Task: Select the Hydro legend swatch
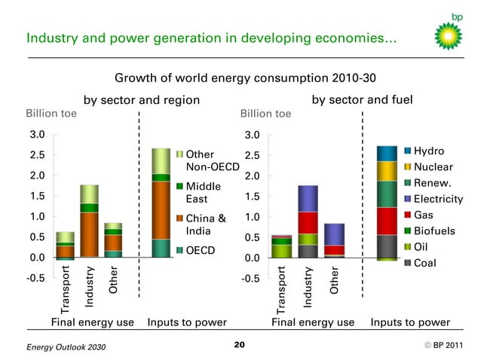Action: click(x=408, y=151)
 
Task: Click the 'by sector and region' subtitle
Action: click(x=141, y=100)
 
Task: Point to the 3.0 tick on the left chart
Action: click(x=36, y=135)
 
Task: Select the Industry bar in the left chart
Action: click(x=89, y=221)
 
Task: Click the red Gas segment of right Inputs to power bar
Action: click(x=387, y=221)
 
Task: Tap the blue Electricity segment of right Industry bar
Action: click(x=307, y=198)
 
